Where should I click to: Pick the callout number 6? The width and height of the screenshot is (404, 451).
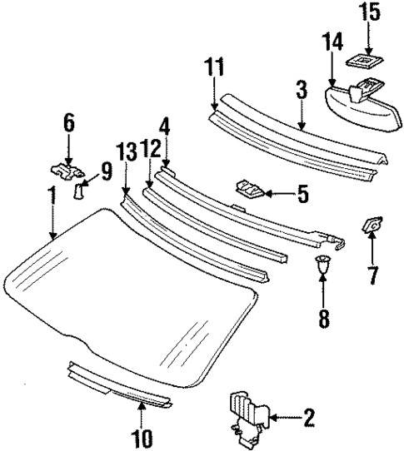[x=68, y=124]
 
